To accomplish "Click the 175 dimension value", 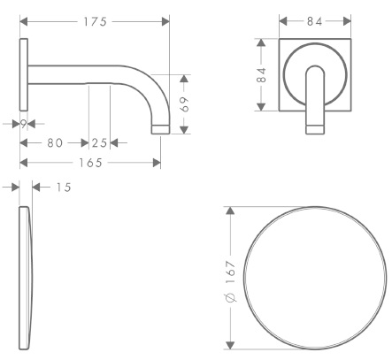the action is click(x=95, y=21).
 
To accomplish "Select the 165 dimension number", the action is click(x=90, y=163).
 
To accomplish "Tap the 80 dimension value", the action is click(x=55, y=143).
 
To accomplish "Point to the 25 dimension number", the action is click(x=99, y=143).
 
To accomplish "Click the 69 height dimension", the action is click(x=184, y=104).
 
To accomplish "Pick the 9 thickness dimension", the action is click(x=24, y=124).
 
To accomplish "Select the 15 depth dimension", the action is click(x=64, y=188).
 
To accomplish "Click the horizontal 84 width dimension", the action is click(x=315, y=21).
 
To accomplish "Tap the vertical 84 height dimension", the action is click(x=261, y=75).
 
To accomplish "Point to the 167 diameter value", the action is click(x=231, y=272).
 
